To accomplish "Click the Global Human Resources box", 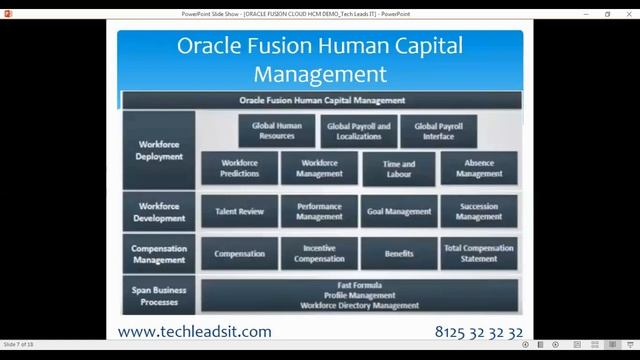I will click(277, 131).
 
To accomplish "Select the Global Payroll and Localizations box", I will click(359, 131).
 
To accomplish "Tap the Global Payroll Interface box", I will click(438, 131).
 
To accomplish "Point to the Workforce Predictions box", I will click(240, 168).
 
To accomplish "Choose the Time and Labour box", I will click(399, 168).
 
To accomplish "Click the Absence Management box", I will click(479, 168).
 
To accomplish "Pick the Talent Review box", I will click(240, 212).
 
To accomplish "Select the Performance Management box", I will click(319, 212).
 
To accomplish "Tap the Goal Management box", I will click(399, 212).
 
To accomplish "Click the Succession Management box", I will click(479, 212).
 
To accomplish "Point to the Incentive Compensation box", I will click(319, 254).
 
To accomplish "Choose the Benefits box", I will click(399, 254).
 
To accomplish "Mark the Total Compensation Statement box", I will click(479, 254).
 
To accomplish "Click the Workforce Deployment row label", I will click(160, 150).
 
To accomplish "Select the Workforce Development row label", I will click(160, 212).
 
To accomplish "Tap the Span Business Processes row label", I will click(160, 295).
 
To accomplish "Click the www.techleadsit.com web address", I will click(194, 331).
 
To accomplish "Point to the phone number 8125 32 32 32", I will click(479, 331).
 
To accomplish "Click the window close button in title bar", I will click(628, 14).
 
